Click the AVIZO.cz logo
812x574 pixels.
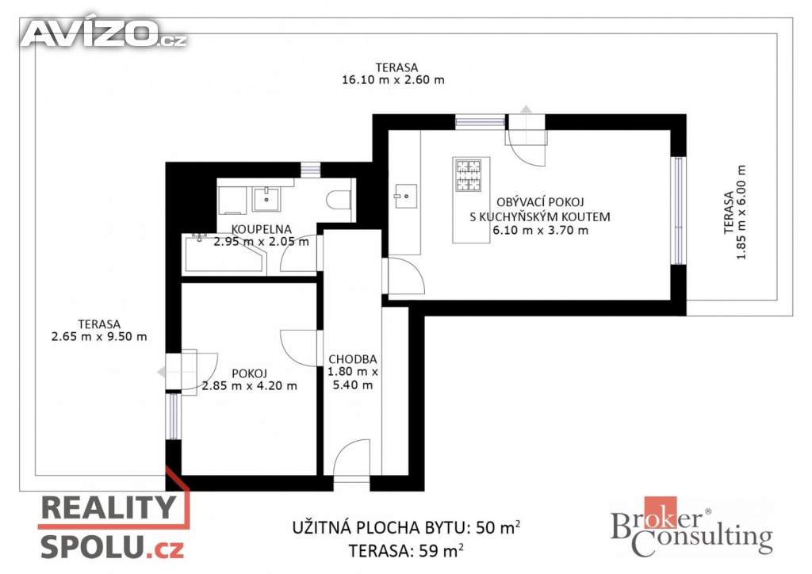[x=104, y=33]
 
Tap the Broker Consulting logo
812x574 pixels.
[x=691, y=527]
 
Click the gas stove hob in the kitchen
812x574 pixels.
[x=468, y=175]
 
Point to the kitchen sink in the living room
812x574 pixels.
[x=405, y=196]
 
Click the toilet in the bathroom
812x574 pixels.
[x=339, y=200]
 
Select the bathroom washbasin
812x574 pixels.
[x=266, y=199]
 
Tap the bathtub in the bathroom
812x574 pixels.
[x=224, y=254]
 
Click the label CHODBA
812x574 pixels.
[x=353, y=358]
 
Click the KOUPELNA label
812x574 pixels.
[x=261, y=229]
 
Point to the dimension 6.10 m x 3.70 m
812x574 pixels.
[x=540, y=231]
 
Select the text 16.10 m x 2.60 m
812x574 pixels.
[x=393, y=80]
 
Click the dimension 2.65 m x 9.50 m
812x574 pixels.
[x=99, y=336]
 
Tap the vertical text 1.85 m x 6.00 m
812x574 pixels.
[x=741, y=212]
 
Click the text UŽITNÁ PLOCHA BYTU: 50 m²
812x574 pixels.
[x=407, y=527]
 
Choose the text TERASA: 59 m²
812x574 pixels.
[x=406, y=550]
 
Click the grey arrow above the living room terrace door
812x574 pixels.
[x=527, y=109]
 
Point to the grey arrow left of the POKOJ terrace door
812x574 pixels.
[x=162, y=372]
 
